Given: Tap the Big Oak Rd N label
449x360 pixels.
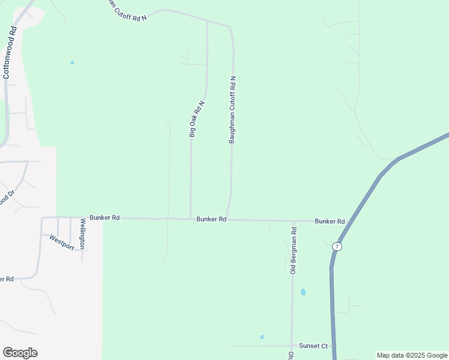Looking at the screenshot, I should tap(197, 119).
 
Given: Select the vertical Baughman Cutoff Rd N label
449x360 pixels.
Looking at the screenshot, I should tap(232, 109).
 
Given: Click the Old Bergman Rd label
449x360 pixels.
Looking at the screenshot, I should tap(294, 251).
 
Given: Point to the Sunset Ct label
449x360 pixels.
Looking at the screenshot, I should tap(314, 346).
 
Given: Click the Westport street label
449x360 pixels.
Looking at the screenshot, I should tap(61, 241).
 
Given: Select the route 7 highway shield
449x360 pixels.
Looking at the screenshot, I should tap(338, 247).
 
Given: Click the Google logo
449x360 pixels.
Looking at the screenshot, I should tap(20, 353).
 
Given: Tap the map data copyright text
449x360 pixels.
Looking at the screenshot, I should tap(412, 355).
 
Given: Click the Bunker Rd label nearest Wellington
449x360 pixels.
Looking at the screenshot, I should tap(104, 218).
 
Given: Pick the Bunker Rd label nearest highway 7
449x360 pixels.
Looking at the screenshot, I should tap(330, 221).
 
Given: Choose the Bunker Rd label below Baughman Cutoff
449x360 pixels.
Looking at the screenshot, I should tap(211, 220).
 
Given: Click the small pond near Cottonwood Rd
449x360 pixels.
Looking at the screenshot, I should tap(72, 62).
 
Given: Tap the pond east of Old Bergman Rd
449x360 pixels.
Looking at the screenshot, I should tap(303, 292).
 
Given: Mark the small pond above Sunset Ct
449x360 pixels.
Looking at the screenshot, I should tap(262, 337).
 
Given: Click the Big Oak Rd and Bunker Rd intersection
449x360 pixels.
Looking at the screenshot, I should tap(190, 218).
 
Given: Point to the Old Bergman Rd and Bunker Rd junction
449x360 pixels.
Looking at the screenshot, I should tap(294, 221).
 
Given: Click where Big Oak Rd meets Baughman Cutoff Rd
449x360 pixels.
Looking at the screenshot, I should tap(207, 21).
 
